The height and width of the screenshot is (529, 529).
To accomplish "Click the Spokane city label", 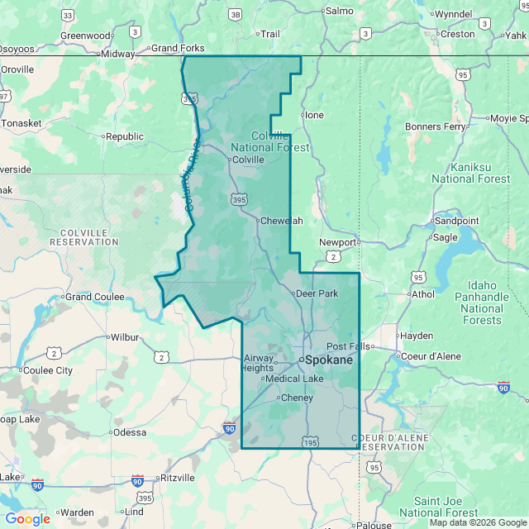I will point(329,360).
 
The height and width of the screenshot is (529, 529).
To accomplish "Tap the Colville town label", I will point(248,160).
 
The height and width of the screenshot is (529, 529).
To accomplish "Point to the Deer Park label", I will point(317,293).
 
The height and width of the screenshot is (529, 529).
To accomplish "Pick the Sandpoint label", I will point(456,221).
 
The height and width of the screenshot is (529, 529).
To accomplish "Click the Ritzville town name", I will point(178,478).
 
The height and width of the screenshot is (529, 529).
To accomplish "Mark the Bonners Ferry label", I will point(435,126).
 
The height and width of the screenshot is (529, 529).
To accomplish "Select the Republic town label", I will point(125,136).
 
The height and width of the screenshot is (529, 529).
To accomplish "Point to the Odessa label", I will point(131,432).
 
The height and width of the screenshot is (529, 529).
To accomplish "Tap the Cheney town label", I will point(298,398).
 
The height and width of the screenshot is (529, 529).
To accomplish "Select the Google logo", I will point(27,519).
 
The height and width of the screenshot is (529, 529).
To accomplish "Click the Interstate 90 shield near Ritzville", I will point(137,481).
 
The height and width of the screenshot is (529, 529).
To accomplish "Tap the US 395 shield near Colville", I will point(239,199).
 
